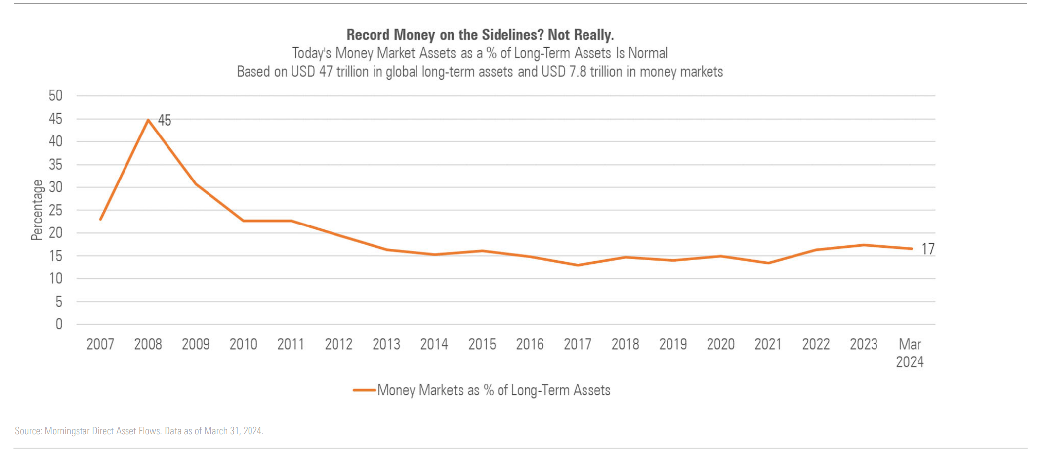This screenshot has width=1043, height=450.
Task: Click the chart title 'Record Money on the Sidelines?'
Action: pos(480,35)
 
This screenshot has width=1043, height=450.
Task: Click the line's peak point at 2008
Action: pos(148,120)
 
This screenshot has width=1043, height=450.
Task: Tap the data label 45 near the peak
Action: pos(165,120)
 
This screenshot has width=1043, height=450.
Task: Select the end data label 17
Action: pos(928,249)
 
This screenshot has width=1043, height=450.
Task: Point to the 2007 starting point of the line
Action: pos(101,219)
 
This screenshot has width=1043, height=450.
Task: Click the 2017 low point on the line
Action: pos(578,265)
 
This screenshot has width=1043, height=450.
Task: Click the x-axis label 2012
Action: pos(338,344)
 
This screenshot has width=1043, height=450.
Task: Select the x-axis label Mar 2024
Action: pos(910,353)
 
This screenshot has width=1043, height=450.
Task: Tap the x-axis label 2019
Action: pos(673,344)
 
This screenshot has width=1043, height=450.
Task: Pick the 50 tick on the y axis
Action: pos(56,96)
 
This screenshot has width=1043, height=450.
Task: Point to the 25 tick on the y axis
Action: pos(56,210)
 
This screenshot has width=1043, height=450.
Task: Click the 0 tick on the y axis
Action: pos(59,324)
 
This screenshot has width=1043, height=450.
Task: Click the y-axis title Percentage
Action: pos(37,210)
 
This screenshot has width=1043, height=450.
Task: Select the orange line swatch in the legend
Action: pos(364,390)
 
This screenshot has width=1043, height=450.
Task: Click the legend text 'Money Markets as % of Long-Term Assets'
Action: pos(494,390)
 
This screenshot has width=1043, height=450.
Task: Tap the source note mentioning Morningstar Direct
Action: pos(139,431)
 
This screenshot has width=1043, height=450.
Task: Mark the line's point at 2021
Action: pos(768,263)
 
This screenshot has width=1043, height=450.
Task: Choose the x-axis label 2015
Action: pos(482,344)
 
